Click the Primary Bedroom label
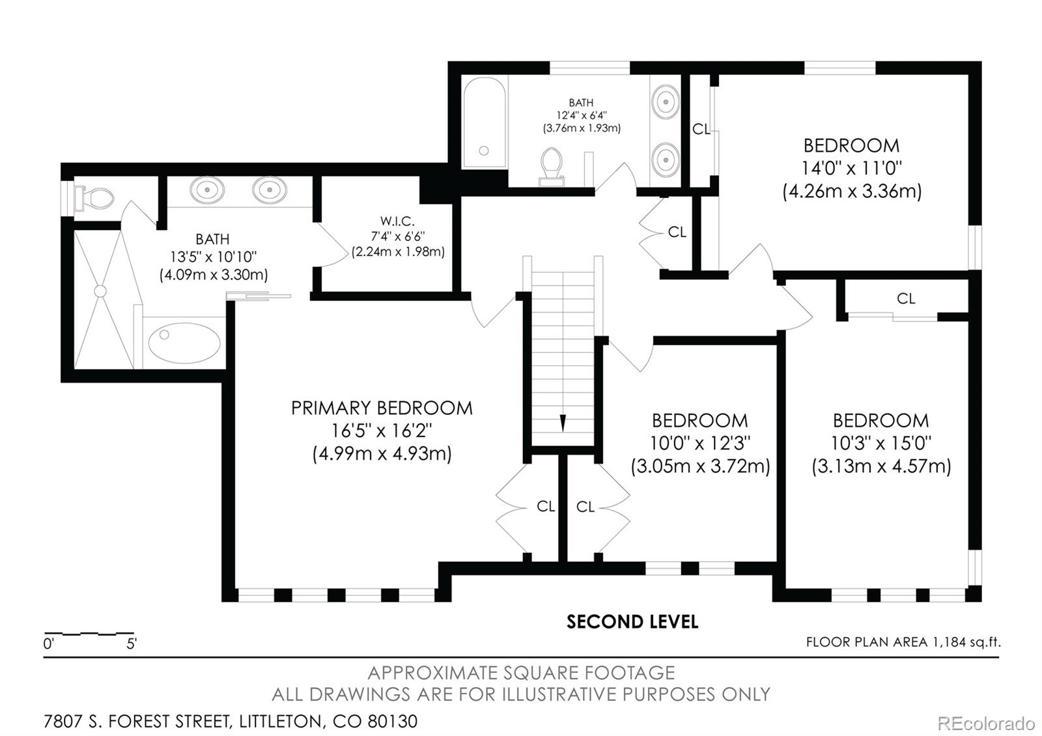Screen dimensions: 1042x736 coord(382,408)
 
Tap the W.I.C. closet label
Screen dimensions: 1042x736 coord(397,221)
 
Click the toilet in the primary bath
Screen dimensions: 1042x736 coord(94,199)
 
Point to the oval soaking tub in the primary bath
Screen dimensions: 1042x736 coord(185,343)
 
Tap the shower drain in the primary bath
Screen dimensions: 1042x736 coord(100,290)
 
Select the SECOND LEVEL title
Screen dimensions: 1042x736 coord(632,622)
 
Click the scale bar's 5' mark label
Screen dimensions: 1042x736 coord(132,644)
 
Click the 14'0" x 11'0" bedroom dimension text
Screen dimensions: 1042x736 coord(852,168)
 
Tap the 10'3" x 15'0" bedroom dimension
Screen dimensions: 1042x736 coord(881,443)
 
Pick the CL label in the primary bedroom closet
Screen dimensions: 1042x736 coord(546,506)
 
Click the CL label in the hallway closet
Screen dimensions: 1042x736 coord(677,232)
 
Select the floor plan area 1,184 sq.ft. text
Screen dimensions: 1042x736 coord(903,642)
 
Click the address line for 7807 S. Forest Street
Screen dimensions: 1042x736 coord(231,721)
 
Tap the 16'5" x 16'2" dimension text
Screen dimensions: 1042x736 coord(382,431)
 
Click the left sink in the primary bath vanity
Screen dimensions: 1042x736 coord(208,190)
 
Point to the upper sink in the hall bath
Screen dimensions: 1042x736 coord(666,102)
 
